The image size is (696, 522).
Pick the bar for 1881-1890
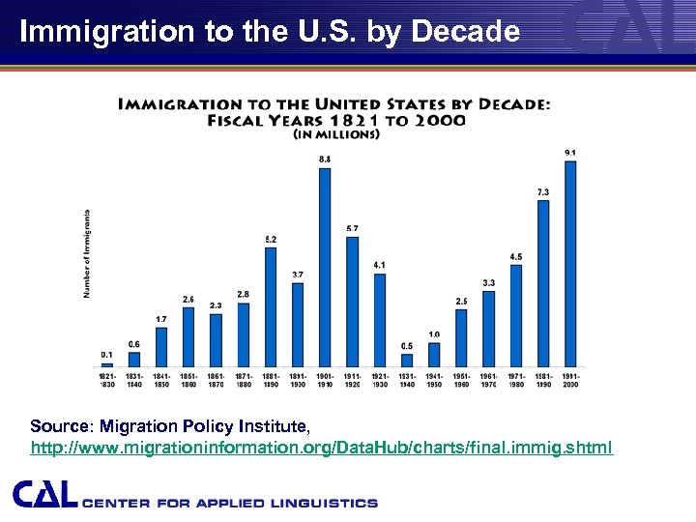coord(271,307)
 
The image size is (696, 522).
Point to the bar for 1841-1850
coord(161,347)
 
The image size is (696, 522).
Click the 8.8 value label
coord(325,159)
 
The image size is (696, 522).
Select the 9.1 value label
coord(570,153)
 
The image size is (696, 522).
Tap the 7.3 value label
coord(543,192)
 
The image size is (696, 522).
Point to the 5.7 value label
coord(352,228)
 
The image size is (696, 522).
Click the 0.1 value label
coord(106,355)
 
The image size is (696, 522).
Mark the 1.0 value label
coord(434,334)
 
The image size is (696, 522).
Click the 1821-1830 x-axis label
coord(106,380)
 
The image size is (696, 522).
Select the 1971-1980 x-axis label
coord(516,380)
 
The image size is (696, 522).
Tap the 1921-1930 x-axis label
coord(379,380)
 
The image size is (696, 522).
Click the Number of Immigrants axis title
coord(87,253)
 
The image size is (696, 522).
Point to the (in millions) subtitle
coord(335,135)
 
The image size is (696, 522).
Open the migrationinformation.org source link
coord(322,449)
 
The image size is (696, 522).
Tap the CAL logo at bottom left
coord(44,495)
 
